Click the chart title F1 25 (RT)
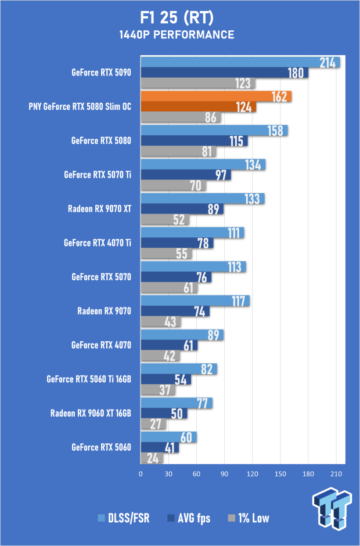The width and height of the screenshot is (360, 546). click(177, 18)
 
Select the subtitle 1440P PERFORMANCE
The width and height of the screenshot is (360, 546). click(177, 35)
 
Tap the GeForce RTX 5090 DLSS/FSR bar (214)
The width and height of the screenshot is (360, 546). click(240, 62)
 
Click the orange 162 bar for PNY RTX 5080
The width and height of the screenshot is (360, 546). click(216, 96)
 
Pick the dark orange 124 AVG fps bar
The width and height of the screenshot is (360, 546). click(199, 107)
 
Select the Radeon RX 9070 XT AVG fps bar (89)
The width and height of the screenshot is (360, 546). click(182, 209)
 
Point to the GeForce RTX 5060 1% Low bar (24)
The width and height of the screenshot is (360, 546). click(152, 458)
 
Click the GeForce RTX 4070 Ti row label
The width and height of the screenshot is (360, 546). click(98, 243)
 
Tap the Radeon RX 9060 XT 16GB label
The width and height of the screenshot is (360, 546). click(91, 413)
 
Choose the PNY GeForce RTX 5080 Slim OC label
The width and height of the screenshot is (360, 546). click(80, 107)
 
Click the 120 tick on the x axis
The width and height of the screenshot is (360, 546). click(253, 474)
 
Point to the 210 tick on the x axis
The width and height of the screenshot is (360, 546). click(336, 474)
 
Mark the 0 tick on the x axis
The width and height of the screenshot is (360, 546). click(141, 474)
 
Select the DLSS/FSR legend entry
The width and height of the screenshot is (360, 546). click(124, 518)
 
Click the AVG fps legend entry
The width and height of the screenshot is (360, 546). click(189, 518)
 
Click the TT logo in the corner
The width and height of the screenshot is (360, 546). click(332, 508)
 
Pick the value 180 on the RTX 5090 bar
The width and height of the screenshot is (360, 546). click(296, 73)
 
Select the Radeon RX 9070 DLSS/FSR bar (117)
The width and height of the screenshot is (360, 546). click(195, 301)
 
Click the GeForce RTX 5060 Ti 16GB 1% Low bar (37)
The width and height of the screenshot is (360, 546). click(158, 390)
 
